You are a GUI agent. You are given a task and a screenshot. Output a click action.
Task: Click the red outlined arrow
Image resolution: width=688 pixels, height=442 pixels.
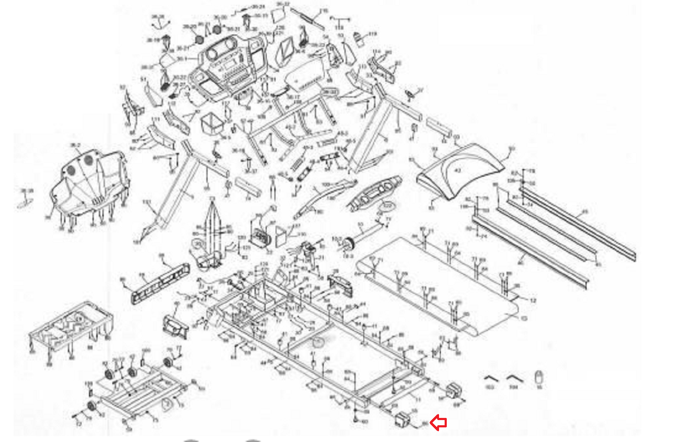(439, 423)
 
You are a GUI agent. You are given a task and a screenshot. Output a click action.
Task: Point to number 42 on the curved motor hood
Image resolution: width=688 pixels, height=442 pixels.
(457, 171)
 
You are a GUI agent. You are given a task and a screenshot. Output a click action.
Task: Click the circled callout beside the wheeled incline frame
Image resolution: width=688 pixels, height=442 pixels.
(166, 404)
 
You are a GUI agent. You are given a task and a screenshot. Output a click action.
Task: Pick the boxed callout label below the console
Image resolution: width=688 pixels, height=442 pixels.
(330, 92)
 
